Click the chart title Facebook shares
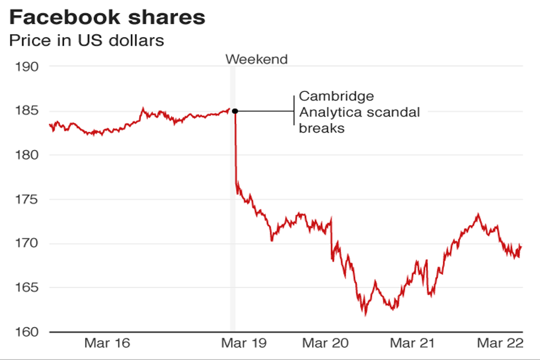pyautogui.click(x=107, y=17)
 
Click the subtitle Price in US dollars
pyautogui.click(x=86, y=41)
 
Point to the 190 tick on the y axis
pyautogui.click(x=26, y=67)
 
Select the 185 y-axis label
pyautogui.click(x=26, y=111)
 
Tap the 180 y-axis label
pyautogui.click(x=26, y=155)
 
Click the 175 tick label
pyautogui.click(x=26, y=200)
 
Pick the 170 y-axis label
pyautogui.click(x=26, y=244)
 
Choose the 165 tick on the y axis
pyautogui.click(x=26, y=288)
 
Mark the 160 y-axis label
pyautogui.click(x=26, y=332)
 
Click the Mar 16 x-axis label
pyautogui.click(x=107, y=343)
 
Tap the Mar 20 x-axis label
pyautogui.click(x=325, y=343)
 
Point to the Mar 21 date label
pyautogui.click(x=412, y=343)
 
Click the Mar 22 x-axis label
pyautogui.click(x=500, y=343)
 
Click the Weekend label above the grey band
pyautogui.click(x=256, y=59)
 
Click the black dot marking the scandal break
pyautogui.click(x=235, y=111)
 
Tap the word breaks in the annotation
pyautogui.click(x=322, y=128)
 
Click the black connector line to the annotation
pyautogui.click(x=264, y=111)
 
